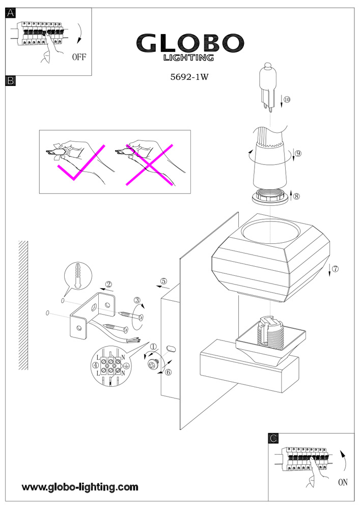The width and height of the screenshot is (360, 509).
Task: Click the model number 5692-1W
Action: (x=190, y=78)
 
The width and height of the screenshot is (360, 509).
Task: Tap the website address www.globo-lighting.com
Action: (x=80, y=487)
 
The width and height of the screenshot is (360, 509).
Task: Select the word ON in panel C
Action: (x=343, y=482)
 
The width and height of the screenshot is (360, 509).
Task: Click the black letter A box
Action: (x=10, y=14)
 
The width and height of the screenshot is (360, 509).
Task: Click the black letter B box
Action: (x=10, y=80)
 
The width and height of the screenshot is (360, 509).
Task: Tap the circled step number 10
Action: (x=287, y=100)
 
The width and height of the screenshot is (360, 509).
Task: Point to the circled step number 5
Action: (x=163, y=281)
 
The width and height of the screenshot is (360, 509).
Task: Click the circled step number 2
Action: (x=108, y=285)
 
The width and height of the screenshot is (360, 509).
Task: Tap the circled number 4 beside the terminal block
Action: (x=95, y=365)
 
